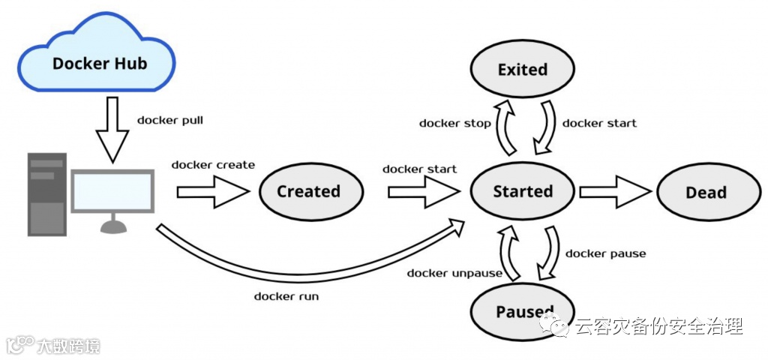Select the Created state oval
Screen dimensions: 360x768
click(308, 191)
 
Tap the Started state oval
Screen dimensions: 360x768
click(522, 191)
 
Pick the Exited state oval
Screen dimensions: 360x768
click(522, 70)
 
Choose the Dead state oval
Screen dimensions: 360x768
click(706, 192)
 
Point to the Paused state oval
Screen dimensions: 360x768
click(522, 310)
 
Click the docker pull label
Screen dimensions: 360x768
click(170, 119)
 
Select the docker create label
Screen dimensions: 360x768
click(213, 164)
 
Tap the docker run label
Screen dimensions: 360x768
click(286, 295)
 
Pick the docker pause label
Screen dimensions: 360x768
click(605, 253)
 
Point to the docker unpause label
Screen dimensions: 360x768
click(454, 273)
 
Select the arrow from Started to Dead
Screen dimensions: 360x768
click(615, 192)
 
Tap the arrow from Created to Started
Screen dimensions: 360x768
click(423, 192)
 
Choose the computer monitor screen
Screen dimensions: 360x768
click(112, 190)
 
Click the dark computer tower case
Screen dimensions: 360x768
click(46, 193)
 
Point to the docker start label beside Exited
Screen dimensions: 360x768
click(599, 123)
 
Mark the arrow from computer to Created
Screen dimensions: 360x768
click(213, 192)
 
